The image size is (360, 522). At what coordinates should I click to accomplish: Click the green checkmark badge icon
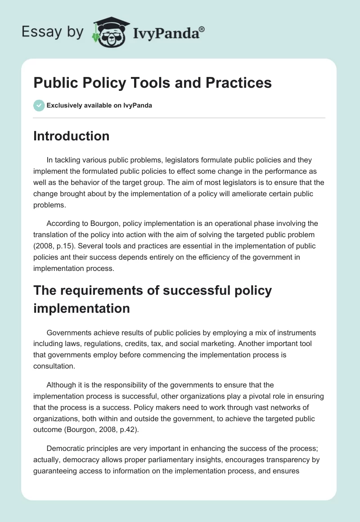tap(39, 105)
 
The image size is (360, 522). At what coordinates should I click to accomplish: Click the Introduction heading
tap(71, 136)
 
